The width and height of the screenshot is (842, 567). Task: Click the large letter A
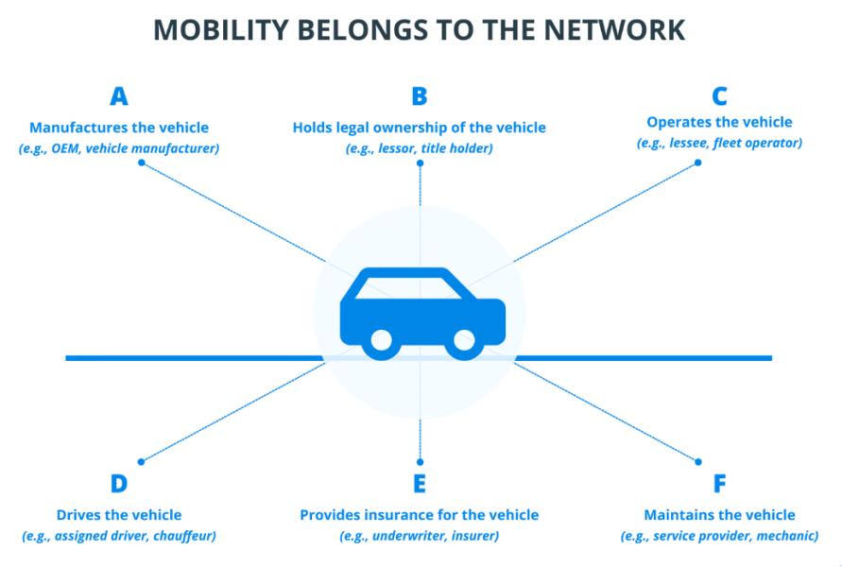(x=119, y=96)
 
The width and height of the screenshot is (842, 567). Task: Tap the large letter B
(x=420, y=96)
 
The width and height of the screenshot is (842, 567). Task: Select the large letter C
(x=719, y=96)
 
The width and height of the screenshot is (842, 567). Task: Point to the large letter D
(x=119, y=483)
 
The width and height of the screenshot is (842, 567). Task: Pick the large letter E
(x=420, y=483)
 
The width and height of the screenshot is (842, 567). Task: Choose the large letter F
(x=719, y=483)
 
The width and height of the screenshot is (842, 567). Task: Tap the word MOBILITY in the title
(x=221, y=30)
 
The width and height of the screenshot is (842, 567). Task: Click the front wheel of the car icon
(x=464, y=341)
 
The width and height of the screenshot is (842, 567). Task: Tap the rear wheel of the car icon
(x=382, y=341)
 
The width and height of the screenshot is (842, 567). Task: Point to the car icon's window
(x=408, y=288)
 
